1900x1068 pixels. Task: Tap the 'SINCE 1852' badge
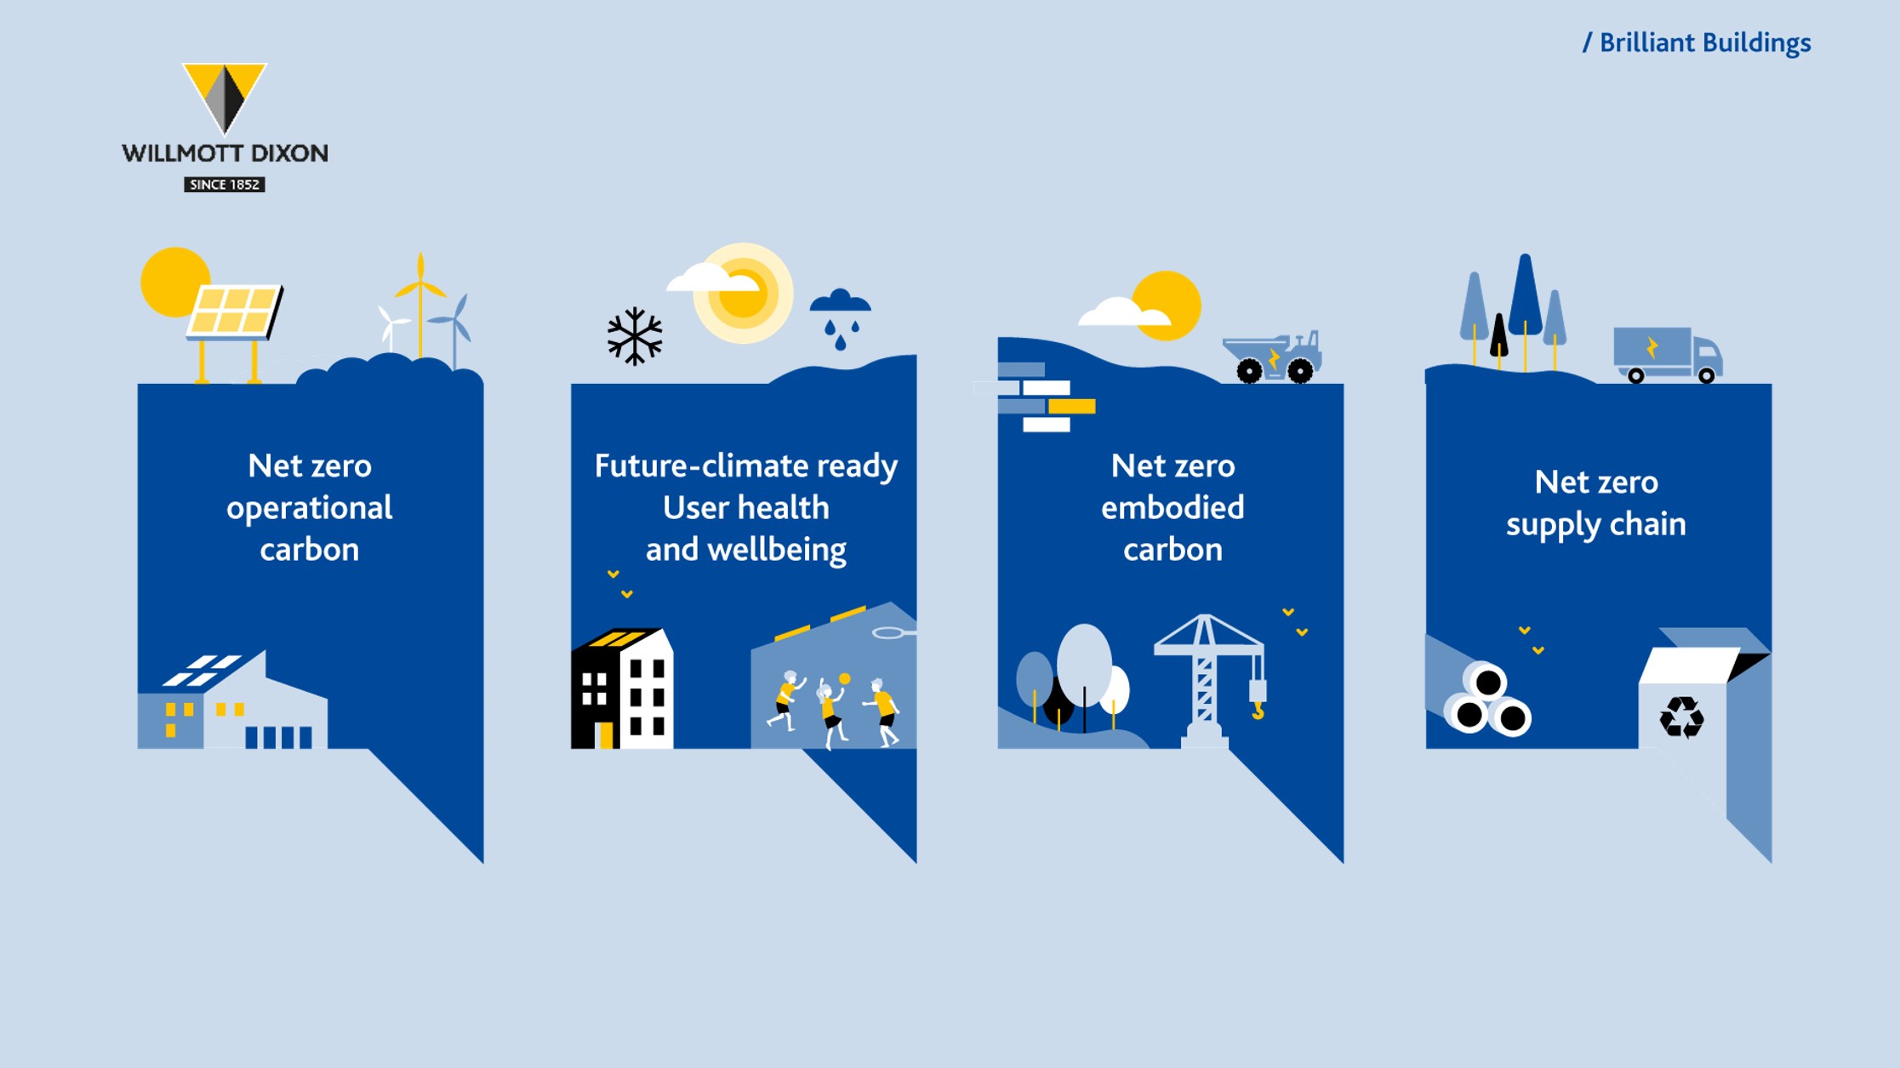point(225,185)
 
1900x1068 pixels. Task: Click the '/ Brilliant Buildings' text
point(1697,43)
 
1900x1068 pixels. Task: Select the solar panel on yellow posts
point(234,312)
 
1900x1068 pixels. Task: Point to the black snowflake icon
point(635,336)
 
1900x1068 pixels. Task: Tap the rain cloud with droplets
point(841,318)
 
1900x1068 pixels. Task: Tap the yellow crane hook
point(1258,710)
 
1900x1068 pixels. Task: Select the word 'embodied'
point(1173,507)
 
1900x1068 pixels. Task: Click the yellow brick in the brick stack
point(1072,407)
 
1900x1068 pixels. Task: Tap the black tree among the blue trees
point(1499,336)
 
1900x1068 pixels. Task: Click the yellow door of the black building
point(606,735)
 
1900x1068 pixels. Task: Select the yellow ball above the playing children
point(844,678)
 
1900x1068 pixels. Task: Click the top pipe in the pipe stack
point(1487,682)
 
